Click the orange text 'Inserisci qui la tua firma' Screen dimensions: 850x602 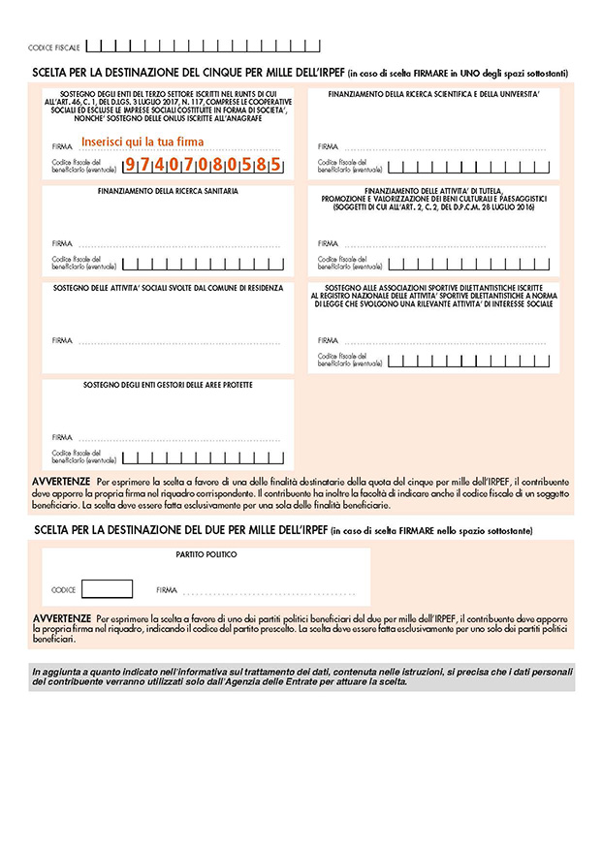click(x=143, y=142)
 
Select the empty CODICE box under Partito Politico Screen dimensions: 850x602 click(x=107, y=588)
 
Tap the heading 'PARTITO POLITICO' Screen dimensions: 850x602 click(x=206, y=554)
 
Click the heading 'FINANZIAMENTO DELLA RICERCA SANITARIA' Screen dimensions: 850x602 click(x=168, y=191)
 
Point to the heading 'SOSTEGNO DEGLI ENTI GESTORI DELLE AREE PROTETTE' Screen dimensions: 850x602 click(x=168, y=385)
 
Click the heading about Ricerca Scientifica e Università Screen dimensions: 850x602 click(x=433, y=94)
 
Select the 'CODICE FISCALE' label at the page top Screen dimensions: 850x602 click(x=54, y=47)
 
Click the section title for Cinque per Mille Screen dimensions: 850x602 click(x=188, y=73)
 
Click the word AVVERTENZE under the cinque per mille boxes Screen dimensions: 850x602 click(x=62, y=481)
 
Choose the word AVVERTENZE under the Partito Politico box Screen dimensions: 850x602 click(x=62, y=617)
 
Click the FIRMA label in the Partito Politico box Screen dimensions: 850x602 click(x=167, y=589)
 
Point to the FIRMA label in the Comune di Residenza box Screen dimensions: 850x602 click(x=62, y=341)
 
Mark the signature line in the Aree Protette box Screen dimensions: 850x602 click(x=179, y=439)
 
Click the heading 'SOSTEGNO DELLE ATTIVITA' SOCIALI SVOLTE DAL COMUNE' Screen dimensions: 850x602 click(x=168, y=288)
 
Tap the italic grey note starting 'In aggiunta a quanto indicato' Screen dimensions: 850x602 click(x=301, y=677)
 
